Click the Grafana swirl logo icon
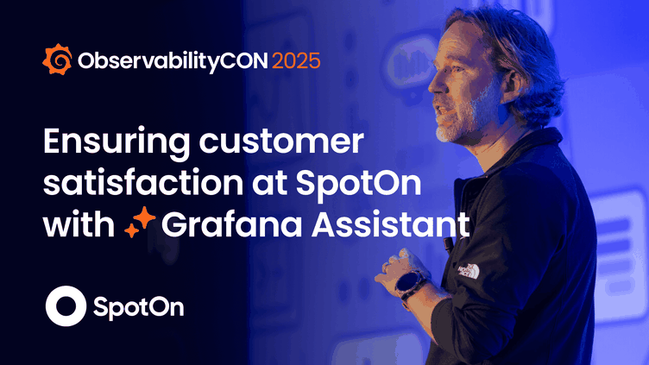pyautogui.click(x=58, y=61)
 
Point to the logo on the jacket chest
pyautogui.click(x=468, y=270)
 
